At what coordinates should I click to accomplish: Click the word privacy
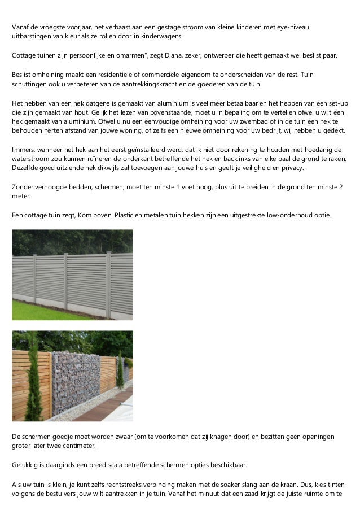pos(290,168)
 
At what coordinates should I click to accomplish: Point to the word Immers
pos(24,149)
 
